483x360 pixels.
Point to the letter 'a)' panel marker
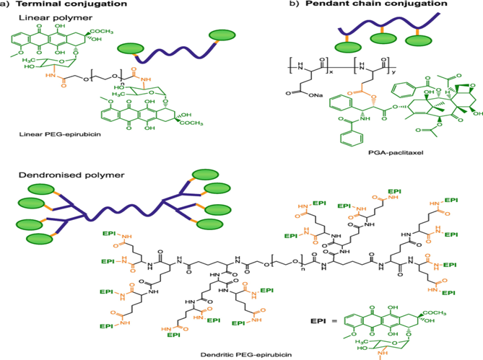5,4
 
